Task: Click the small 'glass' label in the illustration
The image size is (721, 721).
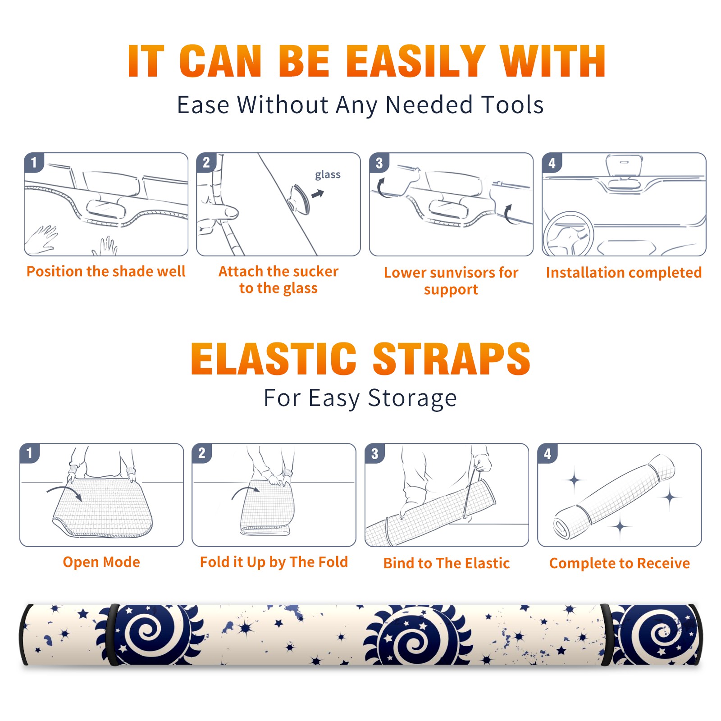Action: coord(328,175)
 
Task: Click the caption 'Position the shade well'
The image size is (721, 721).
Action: coord(106,271)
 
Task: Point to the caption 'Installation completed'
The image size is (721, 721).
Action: coord(624,273)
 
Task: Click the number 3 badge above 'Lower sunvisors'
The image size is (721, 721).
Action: coord(379,163)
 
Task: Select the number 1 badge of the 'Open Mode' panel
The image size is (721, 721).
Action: coord(30,453)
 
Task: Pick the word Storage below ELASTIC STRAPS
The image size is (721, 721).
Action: coord(412,398)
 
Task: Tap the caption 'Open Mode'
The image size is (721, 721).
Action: coord(101,562)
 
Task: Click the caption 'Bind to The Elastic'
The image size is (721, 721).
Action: coord(447,563)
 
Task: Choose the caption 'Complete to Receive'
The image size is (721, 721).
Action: coord(620,563)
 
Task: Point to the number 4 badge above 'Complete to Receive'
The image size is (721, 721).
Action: coord(548,453)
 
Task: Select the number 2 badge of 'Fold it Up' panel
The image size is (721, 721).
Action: coord(202,453)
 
